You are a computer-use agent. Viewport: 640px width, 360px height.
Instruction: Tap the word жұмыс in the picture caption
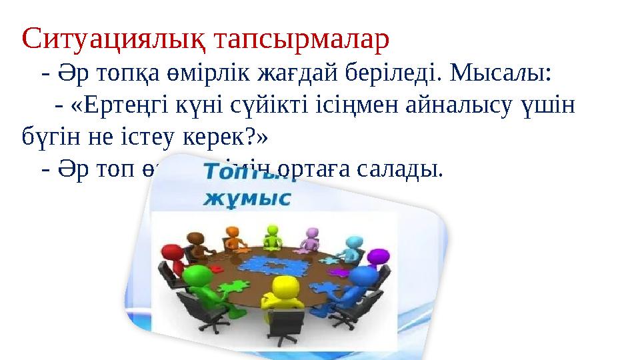click(x=247, y=198)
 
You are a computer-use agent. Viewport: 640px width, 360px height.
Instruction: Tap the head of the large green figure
click(x=193, y=275)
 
